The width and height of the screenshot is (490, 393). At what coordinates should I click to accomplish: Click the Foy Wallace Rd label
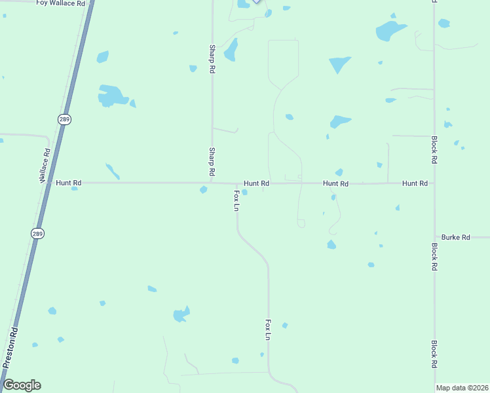point(61,3)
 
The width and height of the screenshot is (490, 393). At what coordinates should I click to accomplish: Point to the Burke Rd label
point(455,237)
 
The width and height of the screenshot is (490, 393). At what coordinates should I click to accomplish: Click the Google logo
point(22,385)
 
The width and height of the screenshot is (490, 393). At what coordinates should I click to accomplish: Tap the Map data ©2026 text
point(461,388)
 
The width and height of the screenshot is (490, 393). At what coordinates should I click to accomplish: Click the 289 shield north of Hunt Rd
point(64,119)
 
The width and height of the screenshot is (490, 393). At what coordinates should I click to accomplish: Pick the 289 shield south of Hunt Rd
point(39,233)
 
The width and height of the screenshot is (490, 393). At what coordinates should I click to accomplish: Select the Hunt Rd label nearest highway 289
point(68,183)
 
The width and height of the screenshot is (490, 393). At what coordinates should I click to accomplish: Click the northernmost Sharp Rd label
point(212,59)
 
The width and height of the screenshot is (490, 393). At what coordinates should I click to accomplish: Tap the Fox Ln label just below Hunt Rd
point(237,200)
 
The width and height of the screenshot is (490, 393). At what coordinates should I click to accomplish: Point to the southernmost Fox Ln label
point(268,329)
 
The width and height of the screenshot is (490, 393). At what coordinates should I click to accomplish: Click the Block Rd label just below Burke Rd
point(434,257)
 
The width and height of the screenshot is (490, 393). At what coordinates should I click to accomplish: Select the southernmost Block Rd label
point(434,354)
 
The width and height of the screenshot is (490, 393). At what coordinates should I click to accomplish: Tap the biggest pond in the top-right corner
point(391,30)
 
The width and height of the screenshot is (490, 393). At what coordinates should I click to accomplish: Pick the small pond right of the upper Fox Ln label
point(244,193)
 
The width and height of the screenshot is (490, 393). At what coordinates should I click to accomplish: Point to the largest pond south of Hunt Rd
point(181,315)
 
